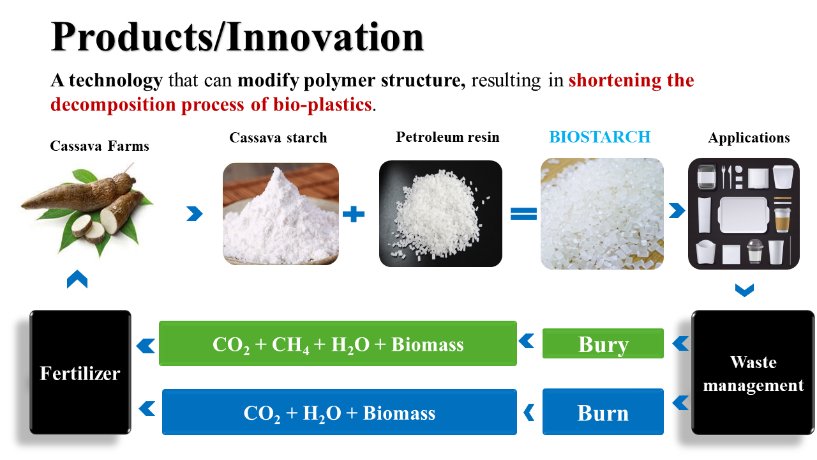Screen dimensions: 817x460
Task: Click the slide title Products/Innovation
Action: pyautogui.click(x=237, y=37)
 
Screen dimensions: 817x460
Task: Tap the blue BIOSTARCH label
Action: pyautogui.click(x=599, y=137)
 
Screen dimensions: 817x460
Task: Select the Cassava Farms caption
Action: pyautogui.click(x=100, y=146)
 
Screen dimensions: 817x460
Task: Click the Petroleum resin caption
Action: pyautogui.click(x=447, y=137)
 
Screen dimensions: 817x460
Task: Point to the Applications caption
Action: pyautogui.click(x=749, y=138)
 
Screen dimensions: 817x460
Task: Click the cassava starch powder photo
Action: pyautogui.click(x=280, y=214)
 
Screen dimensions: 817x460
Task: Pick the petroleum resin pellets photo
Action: pyautogui.click(x=440, y=213)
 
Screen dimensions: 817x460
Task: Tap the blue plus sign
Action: pyautogui.click(x=354, y=214)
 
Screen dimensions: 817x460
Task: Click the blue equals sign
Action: pyautogui.click(x=523, y=214)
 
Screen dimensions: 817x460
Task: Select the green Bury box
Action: pyautogui.click(x=603, y=344)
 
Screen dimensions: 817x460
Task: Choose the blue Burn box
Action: pyautogui.click(x=603, y=412)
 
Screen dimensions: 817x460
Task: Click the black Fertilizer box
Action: pyautogui.click(x=80, y=372)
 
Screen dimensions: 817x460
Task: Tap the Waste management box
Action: pyautogui.click(x=753, y=372)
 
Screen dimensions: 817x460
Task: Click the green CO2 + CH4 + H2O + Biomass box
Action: pyautogui.click(x=338, y=344)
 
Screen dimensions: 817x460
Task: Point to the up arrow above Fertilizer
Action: pyautogui.click(x=77, y=279)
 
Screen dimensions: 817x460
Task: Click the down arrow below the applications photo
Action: pyautogui.click(x=744, y=291)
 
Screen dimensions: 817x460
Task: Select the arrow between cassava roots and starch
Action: pyautogui.click(x=195, y=213)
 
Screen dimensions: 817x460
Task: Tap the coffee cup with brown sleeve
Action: pyautogui.click(x=782, y=220)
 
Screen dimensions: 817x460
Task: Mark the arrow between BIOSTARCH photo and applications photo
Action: pyautogui.click(x=677, y=210)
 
